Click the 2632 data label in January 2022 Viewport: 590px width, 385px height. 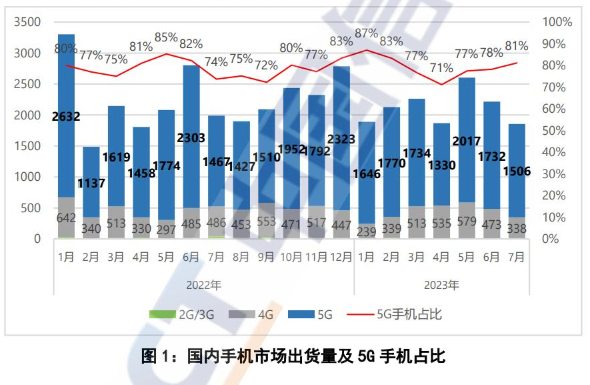(66, 117)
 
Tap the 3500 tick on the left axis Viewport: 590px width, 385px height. (28, 22)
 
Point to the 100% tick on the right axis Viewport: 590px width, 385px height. (557, 22)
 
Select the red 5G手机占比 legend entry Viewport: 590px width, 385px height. (399, 314)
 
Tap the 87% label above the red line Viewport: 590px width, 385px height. (367, 33)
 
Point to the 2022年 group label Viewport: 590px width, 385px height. (204, 286)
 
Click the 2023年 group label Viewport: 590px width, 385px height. (442, 286)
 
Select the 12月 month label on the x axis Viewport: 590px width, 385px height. (341, 256)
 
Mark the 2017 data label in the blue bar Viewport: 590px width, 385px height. (467, 141)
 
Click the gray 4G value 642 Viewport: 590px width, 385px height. (66, 218)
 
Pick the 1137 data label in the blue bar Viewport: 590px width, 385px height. (91, 183)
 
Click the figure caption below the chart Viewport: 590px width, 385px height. (294, 356)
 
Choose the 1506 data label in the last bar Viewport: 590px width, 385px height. (517, 171)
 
